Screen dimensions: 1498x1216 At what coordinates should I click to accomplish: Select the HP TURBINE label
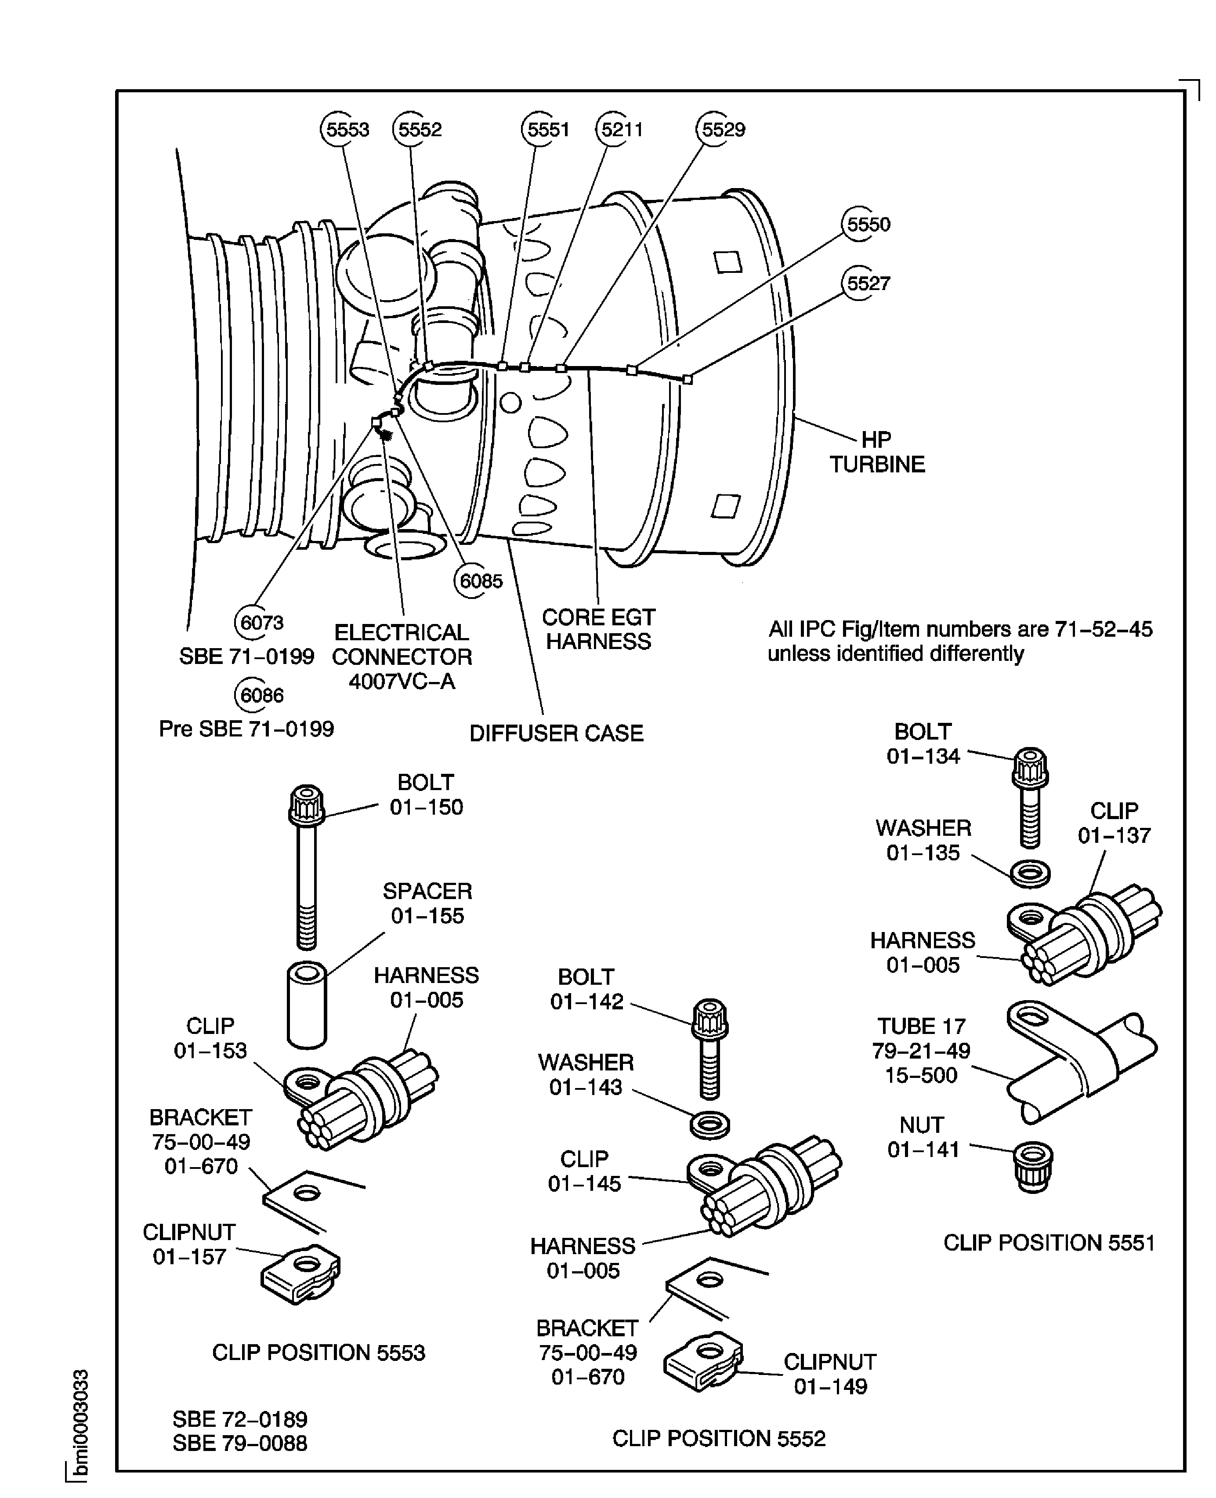pos(877,452)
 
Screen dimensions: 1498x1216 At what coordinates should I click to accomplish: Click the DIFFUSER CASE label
pos(556,733)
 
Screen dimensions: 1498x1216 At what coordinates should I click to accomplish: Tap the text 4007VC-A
pos(402,681)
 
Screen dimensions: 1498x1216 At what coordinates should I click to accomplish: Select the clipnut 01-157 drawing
pos(301,1274)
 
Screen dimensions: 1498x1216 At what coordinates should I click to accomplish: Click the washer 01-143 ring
pos(709,1124)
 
